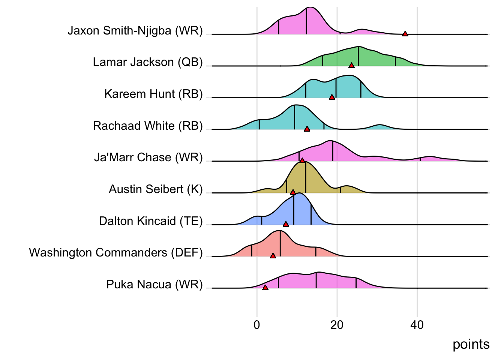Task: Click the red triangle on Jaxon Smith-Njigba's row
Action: tap(405, 34)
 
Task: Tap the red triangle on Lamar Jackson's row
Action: tap(351, 66)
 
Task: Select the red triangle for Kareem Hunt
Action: tap(332, 97)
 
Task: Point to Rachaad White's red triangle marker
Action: tap(307, 129)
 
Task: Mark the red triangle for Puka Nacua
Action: tap(265, 288)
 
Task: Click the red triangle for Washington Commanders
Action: tap(273, 256)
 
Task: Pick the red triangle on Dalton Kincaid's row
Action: tap(286, 224)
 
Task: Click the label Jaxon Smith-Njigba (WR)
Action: tap(135, 30)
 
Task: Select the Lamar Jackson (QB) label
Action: tap(148, 62)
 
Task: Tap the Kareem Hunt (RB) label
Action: tap(153, 94)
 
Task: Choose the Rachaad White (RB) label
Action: tap(148, 126)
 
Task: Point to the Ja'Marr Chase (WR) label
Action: tap(148, 157)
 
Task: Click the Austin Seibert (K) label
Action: tap(156, 189)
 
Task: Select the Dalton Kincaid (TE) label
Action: tap(151, 221)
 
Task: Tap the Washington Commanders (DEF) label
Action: tap(116, 252)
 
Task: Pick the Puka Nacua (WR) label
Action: tap(154, 284)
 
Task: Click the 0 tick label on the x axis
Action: tap(257, 325)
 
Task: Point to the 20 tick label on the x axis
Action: tap(337, 325)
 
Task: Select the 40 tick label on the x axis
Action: tap(417, 325)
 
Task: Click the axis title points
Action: tap(471, 345)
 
